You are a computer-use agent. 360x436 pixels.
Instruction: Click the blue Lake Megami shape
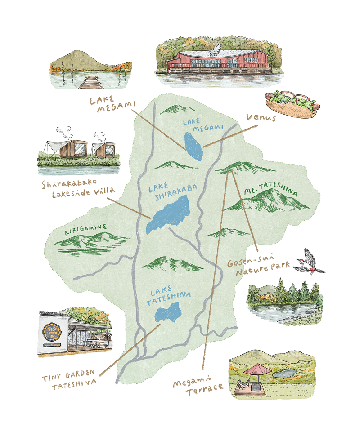coord(193,146)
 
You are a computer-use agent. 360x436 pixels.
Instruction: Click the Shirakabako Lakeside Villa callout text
coord(76,189)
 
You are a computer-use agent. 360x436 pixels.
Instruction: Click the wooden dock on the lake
coord(90,82)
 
